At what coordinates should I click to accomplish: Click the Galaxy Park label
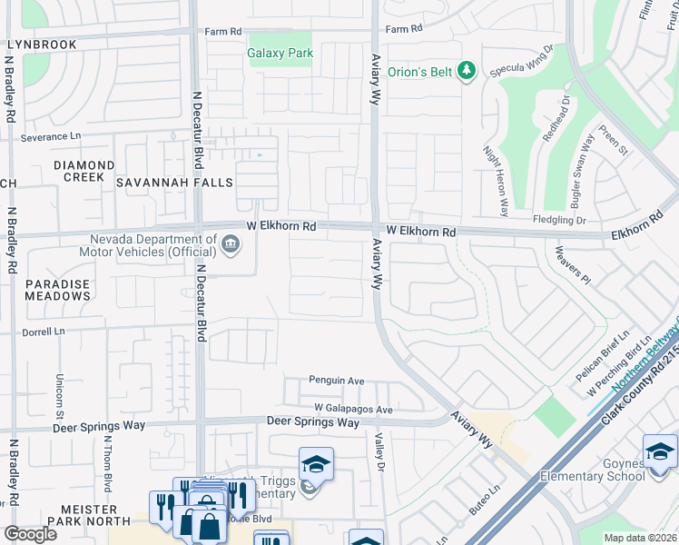click(280, 53)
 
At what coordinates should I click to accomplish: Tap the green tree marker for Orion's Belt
click(467, 71)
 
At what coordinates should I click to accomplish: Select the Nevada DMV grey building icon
click(231, 243)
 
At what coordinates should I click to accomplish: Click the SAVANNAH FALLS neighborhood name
click(174, 183)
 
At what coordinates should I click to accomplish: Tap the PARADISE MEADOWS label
click(57, 290)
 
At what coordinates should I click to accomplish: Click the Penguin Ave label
click(336, 381)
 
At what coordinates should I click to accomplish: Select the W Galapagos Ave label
click(353, 410)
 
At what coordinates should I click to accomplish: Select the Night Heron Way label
click(496, 181)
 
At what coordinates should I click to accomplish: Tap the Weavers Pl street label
click(573, 264)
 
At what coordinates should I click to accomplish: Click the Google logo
click(30, 533)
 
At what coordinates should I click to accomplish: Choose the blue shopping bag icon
click(209, 526)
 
